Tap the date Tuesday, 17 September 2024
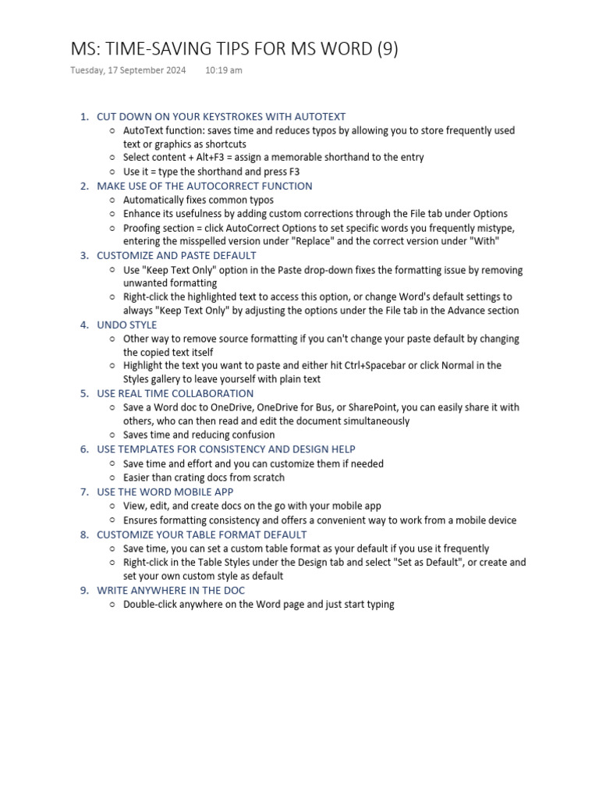pos(128,70)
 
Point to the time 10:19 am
pos(224,70)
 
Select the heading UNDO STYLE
pos(126,325)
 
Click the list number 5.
pos(84,393)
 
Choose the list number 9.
pos(84,591)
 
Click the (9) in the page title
pos(387,48)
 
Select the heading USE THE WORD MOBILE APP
pos(165,492)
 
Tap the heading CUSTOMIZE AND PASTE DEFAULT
pos(176,255)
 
